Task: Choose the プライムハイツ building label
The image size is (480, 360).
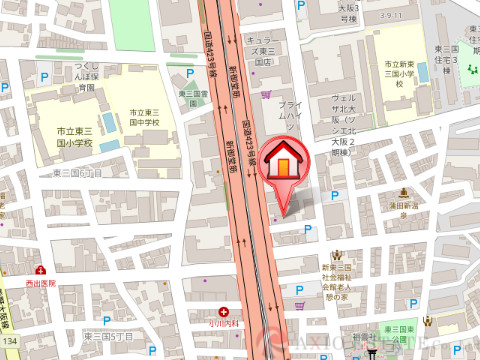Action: [290, 116]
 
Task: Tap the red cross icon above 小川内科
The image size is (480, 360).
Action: [237, 312]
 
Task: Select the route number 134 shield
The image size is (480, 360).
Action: [8, 342]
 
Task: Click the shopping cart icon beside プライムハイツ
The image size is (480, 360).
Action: [266, 94]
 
